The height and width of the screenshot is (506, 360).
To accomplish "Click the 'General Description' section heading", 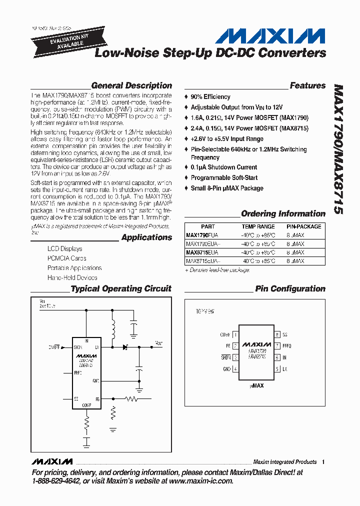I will [131, 85].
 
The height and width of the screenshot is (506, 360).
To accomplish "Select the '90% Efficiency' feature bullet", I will [210, 96].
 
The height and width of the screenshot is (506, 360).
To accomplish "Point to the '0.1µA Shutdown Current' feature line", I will [224, 167].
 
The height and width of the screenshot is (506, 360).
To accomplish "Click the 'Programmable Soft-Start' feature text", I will [224, 177].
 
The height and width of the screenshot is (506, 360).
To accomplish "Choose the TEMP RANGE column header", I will [258, 226].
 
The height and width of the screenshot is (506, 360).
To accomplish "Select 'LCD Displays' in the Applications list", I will [65, 248].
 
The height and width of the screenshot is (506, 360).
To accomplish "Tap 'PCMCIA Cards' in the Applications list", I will [67, 258].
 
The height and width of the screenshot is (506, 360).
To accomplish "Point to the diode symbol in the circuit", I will [125, 346].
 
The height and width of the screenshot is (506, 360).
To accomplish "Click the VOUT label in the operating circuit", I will [158, 343].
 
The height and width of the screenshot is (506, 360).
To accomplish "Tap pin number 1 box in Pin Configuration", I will [235, 334].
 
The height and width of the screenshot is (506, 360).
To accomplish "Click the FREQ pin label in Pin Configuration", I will [286, 345].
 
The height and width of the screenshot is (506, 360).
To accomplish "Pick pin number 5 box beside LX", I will [277, 369].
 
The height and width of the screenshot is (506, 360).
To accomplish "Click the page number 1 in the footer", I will [323, 462].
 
